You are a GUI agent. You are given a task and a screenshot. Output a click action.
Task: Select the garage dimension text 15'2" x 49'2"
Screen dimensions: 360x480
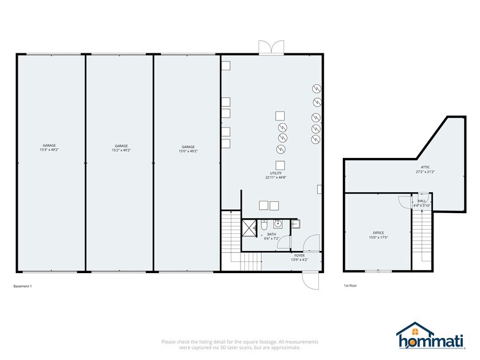click(121, 148)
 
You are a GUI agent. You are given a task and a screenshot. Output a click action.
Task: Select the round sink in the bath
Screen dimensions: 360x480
click(277, 224)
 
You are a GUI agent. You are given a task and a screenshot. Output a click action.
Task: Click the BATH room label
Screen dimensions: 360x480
click(271, 235)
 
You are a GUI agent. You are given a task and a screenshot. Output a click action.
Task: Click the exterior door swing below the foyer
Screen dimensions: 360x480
click(309, 280)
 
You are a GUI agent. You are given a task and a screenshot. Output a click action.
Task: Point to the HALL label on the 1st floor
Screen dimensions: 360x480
click(422, 203)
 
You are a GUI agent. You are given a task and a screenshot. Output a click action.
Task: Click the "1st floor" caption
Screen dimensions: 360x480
click(350, 286)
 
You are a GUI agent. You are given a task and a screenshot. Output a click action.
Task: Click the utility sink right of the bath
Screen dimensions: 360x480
click(294, 224)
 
